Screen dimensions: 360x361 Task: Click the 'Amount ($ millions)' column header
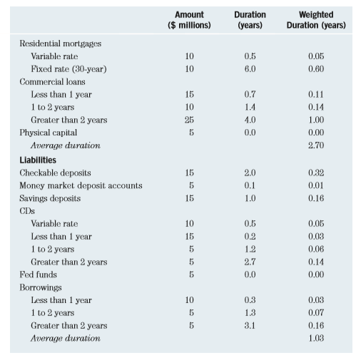[189, 20]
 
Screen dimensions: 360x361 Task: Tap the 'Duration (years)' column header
[250, 20]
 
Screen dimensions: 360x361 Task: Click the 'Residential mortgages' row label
[60, 43]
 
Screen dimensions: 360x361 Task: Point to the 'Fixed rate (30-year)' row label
[66, 68]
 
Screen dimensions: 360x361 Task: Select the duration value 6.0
[250, 68]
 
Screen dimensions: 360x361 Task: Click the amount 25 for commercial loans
[189, 120]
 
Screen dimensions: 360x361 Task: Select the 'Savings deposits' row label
[50, 198]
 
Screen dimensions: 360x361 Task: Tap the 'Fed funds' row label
[37, 274]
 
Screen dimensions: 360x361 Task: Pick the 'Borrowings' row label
[42, 287]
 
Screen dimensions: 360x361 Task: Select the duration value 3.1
[250, 326]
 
